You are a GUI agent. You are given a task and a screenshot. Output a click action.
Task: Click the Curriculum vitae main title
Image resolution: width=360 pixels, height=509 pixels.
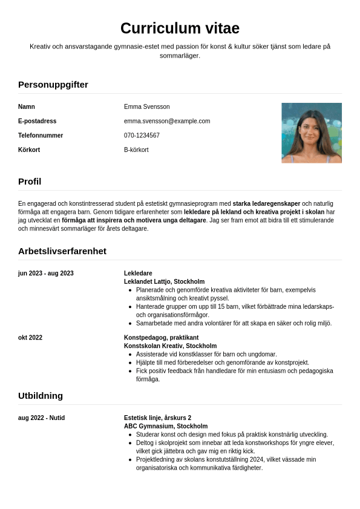(x=180, y=28)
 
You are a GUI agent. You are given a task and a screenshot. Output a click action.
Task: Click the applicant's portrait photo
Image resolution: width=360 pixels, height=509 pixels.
(x=311, y=133)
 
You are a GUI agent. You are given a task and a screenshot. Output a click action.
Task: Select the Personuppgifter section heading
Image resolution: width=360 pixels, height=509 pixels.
(x=53, y=85)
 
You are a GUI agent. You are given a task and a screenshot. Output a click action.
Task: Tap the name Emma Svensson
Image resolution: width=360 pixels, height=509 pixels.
(x=146, y=107)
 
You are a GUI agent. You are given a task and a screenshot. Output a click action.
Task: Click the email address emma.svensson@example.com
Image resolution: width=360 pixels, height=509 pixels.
(x=167, y=121)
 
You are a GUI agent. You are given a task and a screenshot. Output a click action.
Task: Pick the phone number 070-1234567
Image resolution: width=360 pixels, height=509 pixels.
(x=142, y=136)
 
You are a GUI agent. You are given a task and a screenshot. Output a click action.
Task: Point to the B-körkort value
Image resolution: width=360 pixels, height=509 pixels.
(x=136, y=150)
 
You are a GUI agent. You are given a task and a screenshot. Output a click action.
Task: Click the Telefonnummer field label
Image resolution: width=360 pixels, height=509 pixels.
(x=41, y=136)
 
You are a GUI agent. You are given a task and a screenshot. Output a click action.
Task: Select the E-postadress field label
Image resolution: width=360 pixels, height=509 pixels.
(x=37, y=121)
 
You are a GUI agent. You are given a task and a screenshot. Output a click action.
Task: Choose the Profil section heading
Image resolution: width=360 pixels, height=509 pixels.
(x=30, y=182)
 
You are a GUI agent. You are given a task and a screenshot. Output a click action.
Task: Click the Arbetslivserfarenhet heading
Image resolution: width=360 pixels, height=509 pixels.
(x=62, y=251)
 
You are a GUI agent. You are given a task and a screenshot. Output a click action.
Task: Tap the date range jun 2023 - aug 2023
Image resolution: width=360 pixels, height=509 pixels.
(x=46, y=274)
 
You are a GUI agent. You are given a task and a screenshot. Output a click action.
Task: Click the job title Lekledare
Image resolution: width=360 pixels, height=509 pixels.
(x=138, y=274)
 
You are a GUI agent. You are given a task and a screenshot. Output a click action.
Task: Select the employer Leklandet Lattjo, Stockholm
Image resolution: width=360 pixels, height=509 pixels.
(x=164, y=281)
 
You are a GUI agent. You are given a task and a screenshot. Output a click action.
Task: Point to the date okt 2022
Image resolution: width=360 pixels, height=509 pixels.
(x=30, y=338)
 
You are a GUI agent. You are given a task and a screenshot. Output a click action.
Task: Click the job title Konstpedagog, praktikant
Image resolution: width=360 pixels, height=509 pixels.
(x=161, y=338)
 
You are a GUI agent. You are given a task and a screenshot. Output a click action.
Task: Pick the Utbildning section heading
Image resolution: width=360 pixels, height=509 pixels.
(x=41, y=396)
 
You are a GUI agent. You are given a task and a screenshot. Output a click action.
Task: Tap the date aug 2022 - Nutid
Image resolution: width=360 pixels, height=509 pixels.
(x=41, y=418)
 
